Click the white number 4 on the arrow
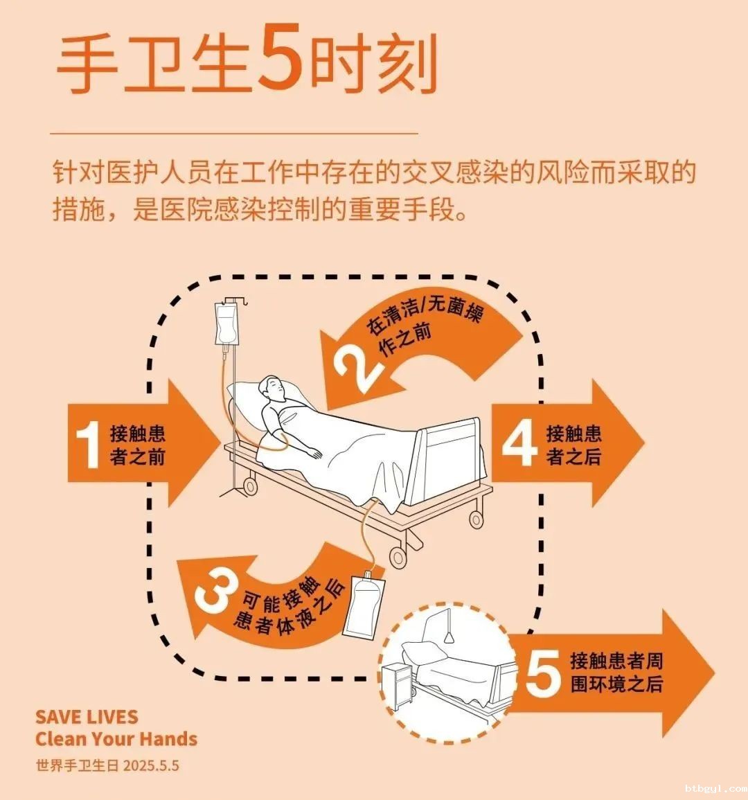(x=519, y=445)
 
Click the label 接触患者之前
(x=137, y=445)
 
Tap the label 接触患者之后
(x=574, y=445)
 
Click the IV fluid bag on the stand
(x=226, y=323)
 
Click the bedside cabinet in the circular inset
(x=397, y=686)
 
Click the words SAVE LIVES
(x=87, y=717)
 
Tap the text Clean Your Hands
(x=116, y=739)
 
